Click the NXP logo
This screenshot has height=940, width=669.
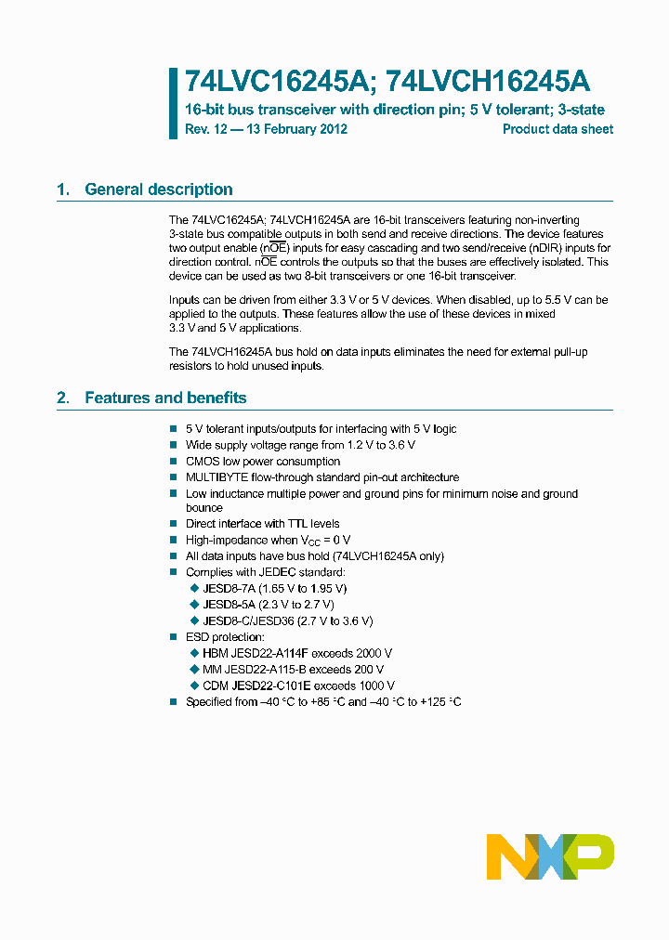[x=550, y=856]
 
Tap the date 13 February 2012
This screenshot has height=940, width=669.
[x=298, y=129]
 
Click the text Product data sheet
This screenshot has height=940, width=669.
[x=557, y=129]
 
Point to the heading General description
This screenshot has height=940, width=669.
[x=159, y=189]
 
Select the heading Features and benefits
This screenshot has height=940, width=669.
[x=165, y=398]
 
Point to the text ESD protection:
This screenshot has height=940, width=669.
[x=225, y=637]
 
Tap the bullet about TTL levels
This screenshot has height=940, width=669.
[x=262, y=524]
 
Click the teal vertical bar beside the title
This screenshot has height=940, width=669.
[x=173, y=103]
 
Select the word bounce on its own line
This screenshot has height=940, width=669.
[x=203, y=508]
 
